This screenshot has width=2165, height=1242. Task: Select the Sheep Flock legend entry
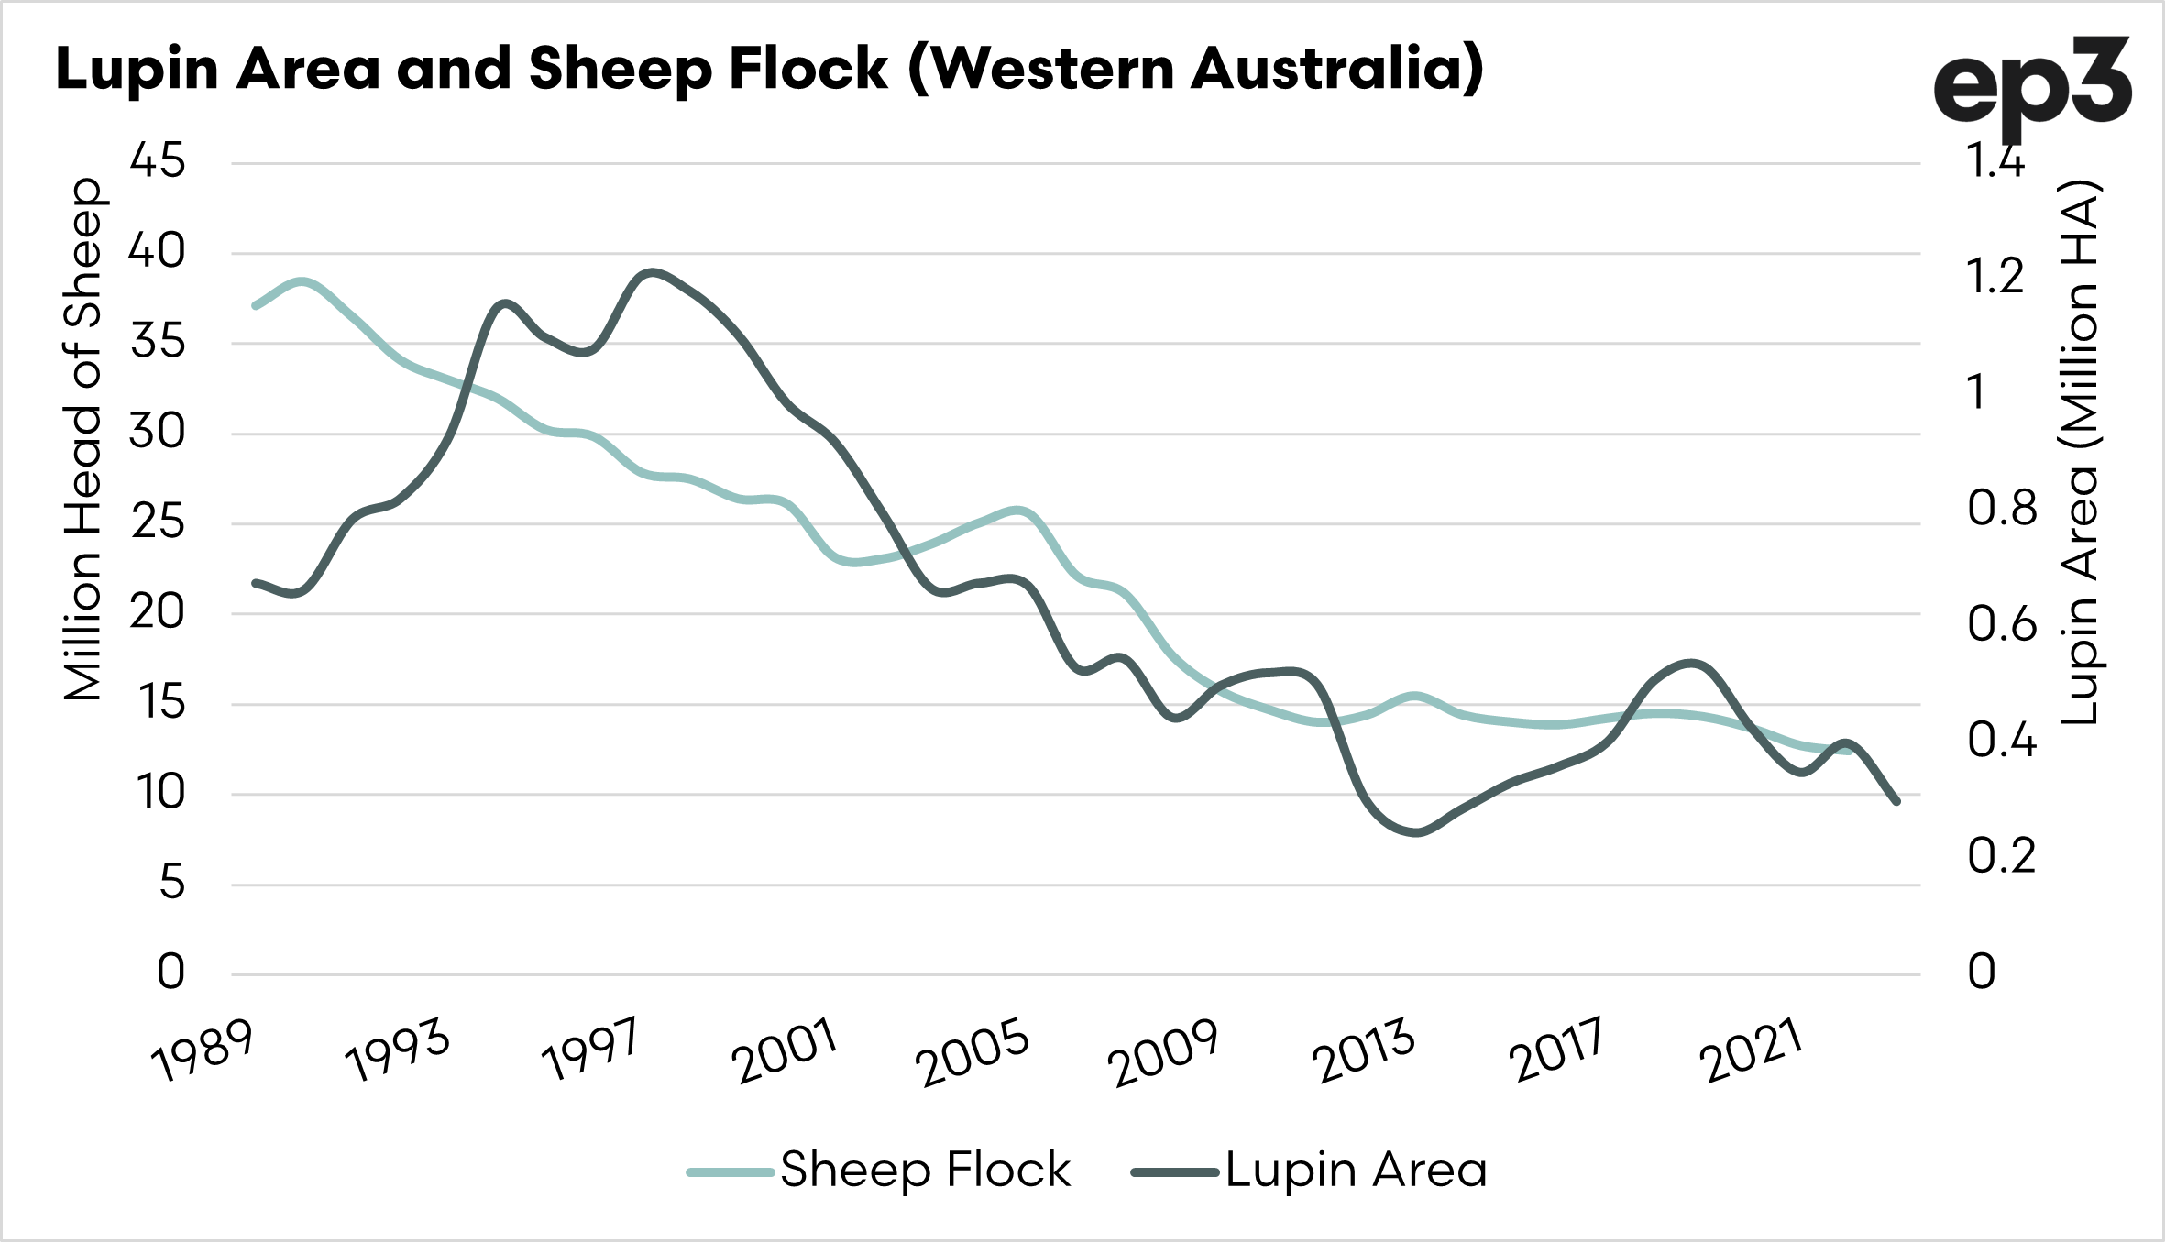coord(879,1171)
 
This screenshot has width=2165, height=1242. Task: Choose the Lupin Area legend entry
coord(1310,1171)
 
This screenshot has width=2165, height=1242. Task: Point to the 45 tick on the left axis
coord(158,161)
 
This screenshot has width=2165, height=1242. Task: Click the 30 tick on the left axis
coord(158,432)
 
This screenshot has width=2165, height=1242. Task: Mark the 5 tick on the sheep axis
coord(171,884)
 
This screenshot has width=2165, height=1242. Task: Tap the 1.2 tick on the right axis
coord(1995,276)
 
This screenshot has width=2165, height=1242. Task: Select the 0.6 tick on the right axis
coord(2001,625)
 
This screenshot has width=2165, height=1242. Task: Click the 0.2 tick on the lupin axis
coord(2001,856)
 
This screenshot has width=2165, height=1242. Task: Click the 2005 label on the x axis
coord(973,1053)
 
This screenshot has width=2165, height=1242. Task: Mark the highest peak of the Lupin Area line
coord(652,271)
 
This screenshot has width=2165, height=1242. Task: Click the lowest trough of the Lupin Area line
coord(1416,832)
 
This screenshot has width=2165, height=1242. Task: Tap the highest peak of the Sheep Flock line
coord(302,280)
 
